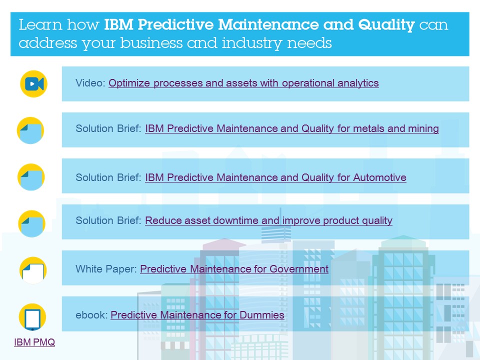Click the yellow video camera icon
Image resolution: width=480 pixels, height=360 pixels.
tap(33, 84)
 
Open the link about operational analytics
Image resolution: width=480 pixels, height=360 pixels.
tap(243, 83)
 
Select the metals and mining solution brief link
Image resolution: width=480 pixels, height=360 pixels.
tap(292, 128)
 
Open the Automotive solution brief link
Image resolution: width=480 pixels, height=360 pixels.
tap(276, 177)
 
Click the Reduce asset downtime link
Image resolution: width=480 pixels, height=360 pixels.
tap(269, 220)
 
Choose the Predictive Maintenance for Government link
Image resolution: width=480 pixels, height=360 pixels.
tap(234, 269)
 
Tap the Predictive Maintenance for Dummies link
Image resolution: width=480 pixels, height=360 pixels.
tap(197, 315)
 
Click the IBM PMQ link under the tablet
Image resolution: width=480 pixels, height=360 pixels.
tap(34, 342)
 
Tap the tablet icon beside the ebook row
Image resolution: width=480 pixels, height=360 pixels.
tap(32, 317)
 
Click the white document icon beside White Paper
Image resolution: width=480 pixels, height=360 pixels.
tap(33, 270)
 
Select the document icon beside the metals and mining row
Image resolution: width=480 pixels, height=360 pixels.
tap(30, 130)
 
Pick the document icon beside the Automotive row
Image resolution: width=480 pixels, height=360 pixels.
tap(31, 177)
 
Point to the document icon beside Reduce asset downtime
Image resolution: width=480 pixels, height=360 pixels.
tap(32, 224)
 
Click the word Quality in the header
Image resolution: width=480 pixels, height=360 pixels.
tap(386, 25)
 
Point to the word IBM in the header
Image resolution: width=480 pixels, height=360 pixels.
tap(119, 24)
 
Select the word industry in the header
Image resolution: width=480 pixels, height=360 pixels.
tap(252, 43)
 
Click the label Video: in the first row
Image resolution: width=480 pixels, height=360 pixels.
tap(90, 83)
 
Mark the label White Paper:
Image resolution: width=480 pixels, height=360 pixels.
tap(106, 269)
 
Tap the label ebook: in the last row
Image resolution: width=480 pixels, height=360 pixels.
tap(91, 315)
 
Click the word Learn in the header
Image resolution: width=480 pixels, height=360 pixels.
tap(40, 24)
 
